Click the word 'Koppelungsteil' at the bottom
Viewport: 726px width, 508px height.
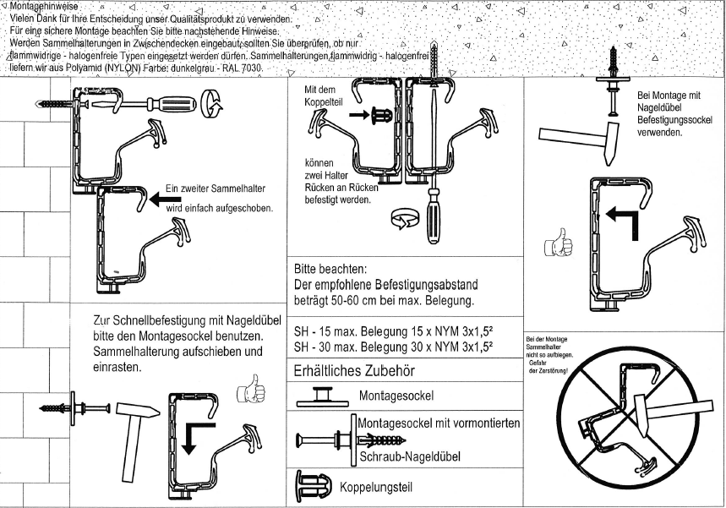click(376, 489)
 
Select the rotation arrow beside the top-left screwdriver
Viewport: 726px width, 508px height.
click(216, 107)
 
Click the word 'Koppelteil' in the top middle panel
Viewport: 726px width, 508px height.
click(325, 101)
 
